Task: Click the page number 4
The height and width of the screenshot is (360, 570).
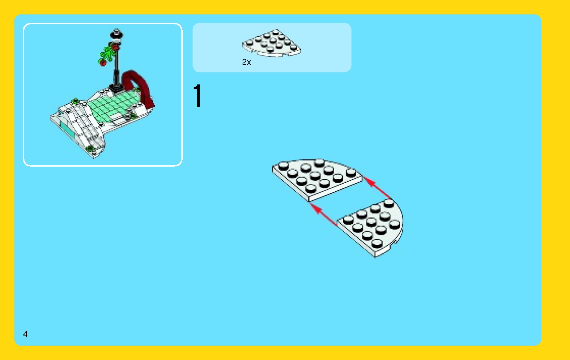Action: (x=25, y=334)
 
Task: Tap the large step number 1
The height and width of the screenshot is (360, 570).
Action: (x=197, y=96)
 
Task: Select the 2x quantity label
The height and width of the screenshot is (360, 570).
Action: (x=246, y=62)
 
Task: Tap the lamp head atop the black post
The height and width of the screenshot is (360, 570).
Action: (x=117, y=34)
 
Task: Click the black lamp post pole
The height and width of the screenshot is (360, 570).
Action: (x=117, y=66)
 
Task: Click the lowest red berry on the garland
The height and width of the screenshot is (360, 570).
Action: (x=103, y=63)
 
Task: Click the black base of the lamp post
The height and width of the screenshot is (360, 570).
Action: (x=117, y=87)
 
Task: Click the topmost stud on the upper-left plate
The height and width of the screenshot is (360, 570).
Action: (x=319, y=162)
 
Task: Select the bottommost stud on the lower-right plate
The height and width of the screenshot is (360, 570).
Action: (x=377, y=243)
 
